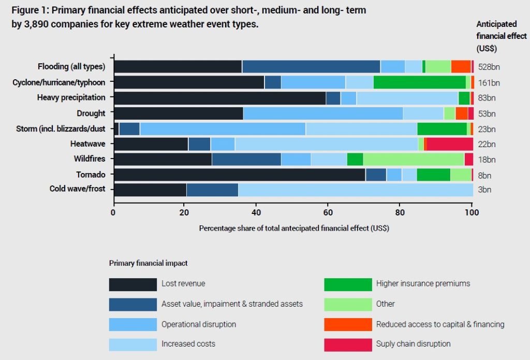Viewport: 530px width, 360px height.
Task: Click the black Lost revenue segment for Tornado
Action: coord(240,175)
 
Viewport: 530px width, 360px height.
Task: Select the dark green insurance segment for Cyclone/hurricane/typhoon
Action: coord(419,82)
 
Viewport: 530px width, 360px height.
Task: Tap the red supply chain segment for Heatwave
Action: coord(450,144)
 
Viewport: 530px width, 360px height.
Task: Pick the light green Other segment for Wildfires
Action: coord(414,159)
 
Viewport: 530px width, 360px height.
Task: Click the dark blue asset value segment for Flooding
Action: coord(311,67)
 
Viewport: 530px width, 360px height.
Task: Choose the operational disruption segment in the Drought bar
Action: coord(323,113)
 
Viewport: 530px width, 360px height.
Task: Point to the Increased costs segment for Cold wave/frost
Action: coord(356,190)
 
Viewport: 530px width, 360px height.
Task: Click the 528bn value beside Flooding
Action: coord(489,67)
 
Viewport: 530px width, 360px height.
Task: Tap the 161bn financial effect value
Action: coord(489,83)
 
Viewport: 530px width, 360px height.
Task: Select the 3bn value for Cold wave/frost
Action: coord(484,190)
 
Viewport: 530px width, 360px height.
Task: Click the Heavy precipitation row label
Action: coord(71,98)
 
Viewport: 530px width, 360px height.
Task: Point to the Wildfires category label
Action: coord(90,159)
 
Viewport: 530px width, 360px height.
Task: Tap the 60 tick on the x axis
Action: coord(328,212)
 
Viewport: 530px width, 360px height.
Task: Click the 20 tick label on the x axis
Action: coord(184,212)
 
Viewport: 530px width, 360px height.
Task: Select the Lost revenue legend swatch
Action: coord(133,284)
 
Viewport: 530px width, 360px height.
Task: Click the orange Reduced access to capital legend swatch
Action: coord(348,324)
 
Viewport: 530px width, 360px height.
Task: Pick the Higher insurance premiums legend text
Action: coord(423,283)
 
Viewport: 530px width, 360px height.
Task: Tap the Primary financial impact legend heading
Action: coord(148,263)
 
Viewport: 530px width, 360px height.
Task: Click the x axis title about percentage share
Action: coord(294,228)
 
